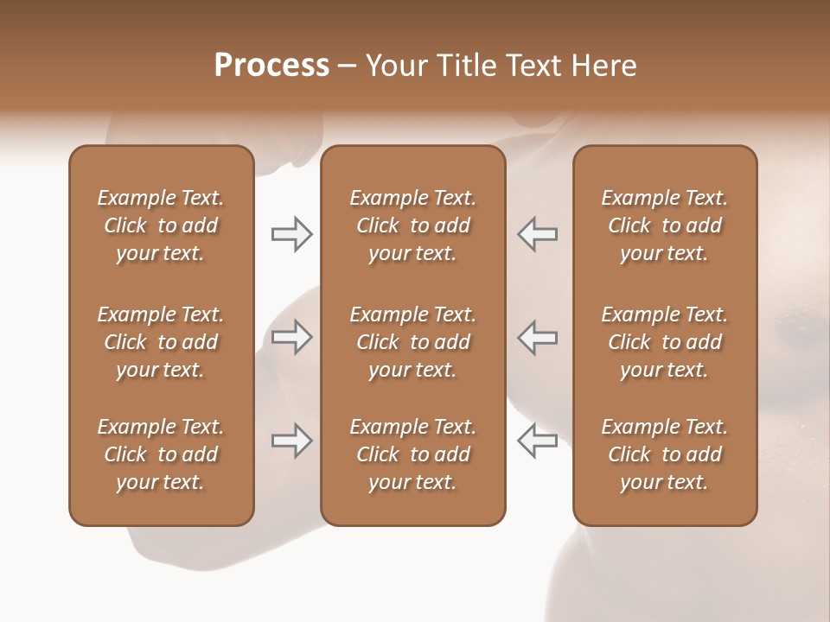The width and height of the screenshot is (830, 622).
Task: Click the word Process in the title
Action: point(271,66)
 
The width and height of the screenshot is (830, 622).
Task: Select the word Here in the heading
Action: point(605,66)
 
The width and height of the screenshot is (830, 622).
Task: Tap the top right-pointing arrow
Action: point(291,234)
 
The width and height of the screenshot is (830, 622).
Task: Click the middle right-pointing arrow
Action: point(291,337)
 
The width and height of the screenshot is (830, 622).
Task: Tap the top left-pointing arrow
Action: point(537,234)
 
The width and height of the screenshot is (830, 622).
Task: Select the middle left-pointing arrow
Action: point(537,337)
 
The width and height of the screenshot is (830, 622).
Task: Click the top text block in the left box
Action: point(161,225)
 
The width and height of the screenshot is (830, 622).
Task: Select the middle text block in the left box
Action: point(161,342)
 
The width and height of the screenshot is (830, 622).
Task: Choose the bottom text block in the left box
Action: point(161,454)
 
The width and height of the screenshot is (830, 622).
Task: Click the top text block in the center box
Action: point(412,225)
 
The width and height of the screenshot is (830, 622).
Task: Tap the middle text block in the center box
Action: point(412,342)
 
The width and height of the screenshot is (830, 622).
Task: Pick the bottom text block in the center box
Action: point(412,454)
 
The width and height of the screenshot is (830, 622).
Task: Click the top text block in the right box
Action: point(664,225)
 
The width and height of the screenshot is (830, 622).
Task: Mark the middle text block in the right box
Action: point(664,342)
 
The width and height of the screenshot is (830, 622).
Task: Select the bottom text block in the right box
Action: point(664,454)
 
